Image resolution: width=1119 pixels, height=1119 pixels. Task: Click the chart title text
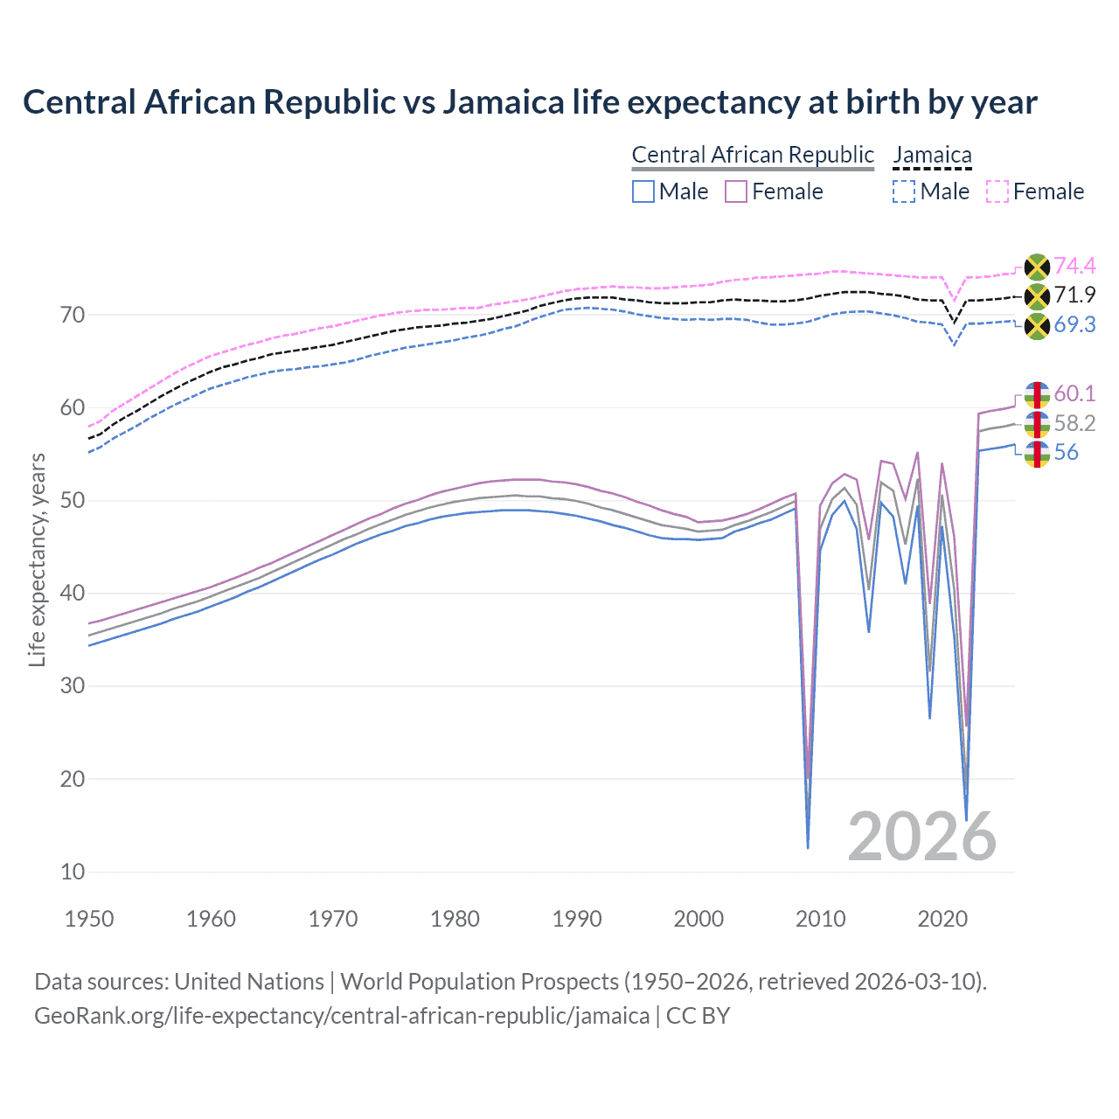530,102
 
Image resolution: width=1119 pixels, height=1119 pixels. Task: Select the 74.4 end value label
1074,266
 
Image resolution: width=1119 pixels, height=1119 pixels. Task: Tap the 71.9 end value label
1074,295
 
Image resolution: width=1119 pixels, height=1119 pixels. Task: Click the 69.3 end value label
1074,325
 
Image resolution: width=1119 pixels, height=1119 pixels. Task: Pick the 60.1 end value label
1074,394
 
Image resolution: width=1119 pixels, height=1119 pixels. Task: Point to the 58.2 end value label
1074,424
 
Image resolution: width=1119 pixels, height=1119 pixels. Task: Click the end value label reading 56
1066,453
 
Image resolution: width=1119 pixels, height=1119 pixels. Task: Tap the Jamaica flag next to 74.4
1037,267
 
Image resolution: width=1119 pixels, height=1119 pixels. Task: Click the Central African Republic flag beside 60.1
1037,394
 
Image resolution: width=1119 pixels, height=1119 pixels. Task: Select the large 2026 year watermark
922,837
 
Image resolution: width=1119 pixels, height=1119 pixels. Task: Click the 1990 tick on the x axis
577,919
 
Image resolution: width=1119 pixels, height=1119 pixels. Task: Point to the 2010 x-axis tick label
821,919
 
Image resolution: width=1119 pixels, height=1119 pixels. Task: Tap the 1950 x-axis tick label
89,919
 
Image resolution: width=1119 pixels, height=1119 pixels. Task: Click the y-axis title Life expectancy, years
37,559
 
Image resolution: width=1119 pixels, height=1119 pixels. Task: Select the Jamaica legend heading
932,156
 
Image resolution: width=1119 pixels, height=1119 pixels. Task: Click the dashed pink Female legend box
997,191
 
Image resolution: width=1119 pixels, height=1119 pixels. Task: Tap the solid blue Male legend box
643,191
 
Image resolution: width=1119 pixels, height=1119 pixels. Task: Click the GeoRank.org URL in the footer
342,1016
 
